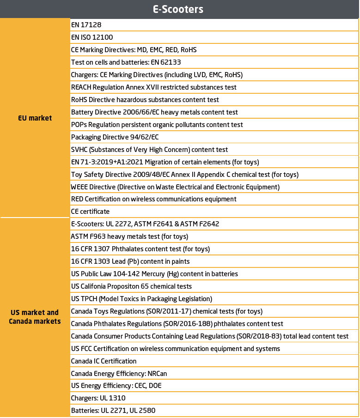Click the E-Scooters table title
click(x=178, y=9)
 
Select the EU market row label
click(x=35, y=118)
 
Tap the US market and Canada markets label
click(x=35, y=317)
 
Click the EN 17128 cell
click(x=84, y=24)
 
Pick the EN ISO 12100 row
click(x=92, y=37)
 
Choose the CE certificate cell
click(x=90, y=212)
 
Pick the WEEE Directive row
click(x=175, y=187)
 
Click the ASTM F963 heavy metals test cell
click(x=129, y=236)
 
